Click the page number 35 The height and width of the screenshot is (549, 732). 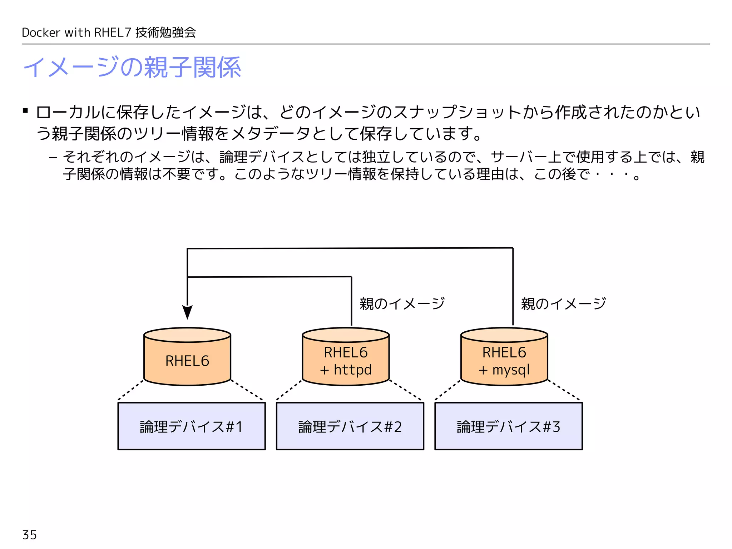point(29,535)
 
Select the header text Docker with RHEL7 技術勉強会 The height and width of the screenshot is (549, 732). point(109,33)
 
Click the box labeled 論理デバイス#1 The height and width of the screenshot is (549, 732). point(192,426)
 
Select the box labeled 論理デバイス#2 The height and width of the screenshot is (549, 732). point(350,426)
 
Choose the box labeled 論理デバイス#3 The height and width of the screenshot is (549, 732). point(508,426)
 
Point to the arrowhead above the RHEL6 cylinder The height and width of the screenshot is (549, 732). point(187,312)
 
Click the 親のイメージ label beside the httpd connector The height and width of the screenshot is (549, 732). point(402,304)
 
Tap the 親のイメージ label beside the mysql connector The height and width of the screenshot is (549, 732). point(563,304)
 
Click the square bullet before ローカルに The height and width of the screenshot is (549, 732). point(25,111)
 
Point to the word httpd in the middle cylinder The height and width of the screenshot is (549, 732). point(353,370)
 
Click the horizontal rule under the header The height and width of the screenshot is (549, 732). point(366,44)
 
